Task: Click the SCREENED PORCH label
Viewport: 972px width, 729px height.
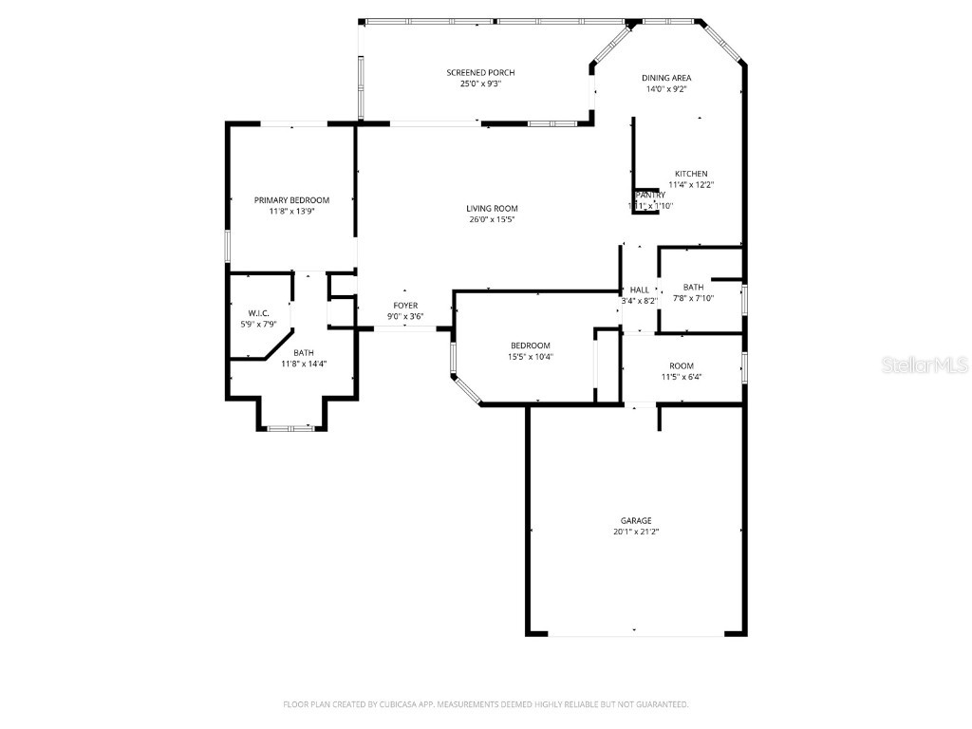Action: point(480,72)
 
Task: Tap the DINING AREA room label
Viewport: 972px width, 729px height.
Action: point(665,78)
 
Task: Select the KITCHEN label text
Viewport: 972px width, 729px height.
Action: point(691,174)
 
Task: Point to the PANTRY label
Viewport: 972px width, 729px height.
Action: point(650,195)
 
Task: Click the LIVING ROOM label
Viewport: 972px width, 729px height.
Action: point(492,209)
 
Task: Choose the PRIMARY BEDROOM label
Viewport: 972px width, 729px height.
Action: point(291,200)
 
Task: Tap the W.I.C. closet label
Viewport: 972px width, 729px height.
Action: point(259,313)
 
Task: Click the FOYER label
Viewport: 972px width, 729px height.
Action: point(405,306)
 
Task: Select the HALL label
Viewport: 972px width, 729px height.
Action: point(639,290)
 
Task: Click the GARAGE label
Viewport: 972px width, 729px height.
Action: point(636,520)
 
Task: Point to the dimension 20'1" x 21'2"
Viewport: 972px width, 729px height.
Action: point(636,533)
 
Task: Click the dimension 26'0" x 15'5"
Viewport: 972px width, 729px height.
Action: point(492,220)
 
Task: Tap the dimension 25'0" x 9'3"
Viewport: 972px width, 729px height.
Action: point(480,84)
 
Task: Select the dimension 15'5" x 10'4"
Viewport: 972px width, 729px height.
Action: point(530,357)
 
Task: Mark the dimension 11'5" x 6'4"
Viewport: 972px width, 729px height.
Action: point(681,377)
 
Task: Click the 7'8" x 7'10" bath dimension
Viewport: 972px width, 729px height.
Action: point(693,298)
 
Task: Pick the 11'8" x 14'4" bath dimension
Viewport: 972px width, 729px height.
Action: point(304,363)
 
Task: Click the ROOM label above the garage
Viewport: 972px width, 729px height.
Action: point(681,365)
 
